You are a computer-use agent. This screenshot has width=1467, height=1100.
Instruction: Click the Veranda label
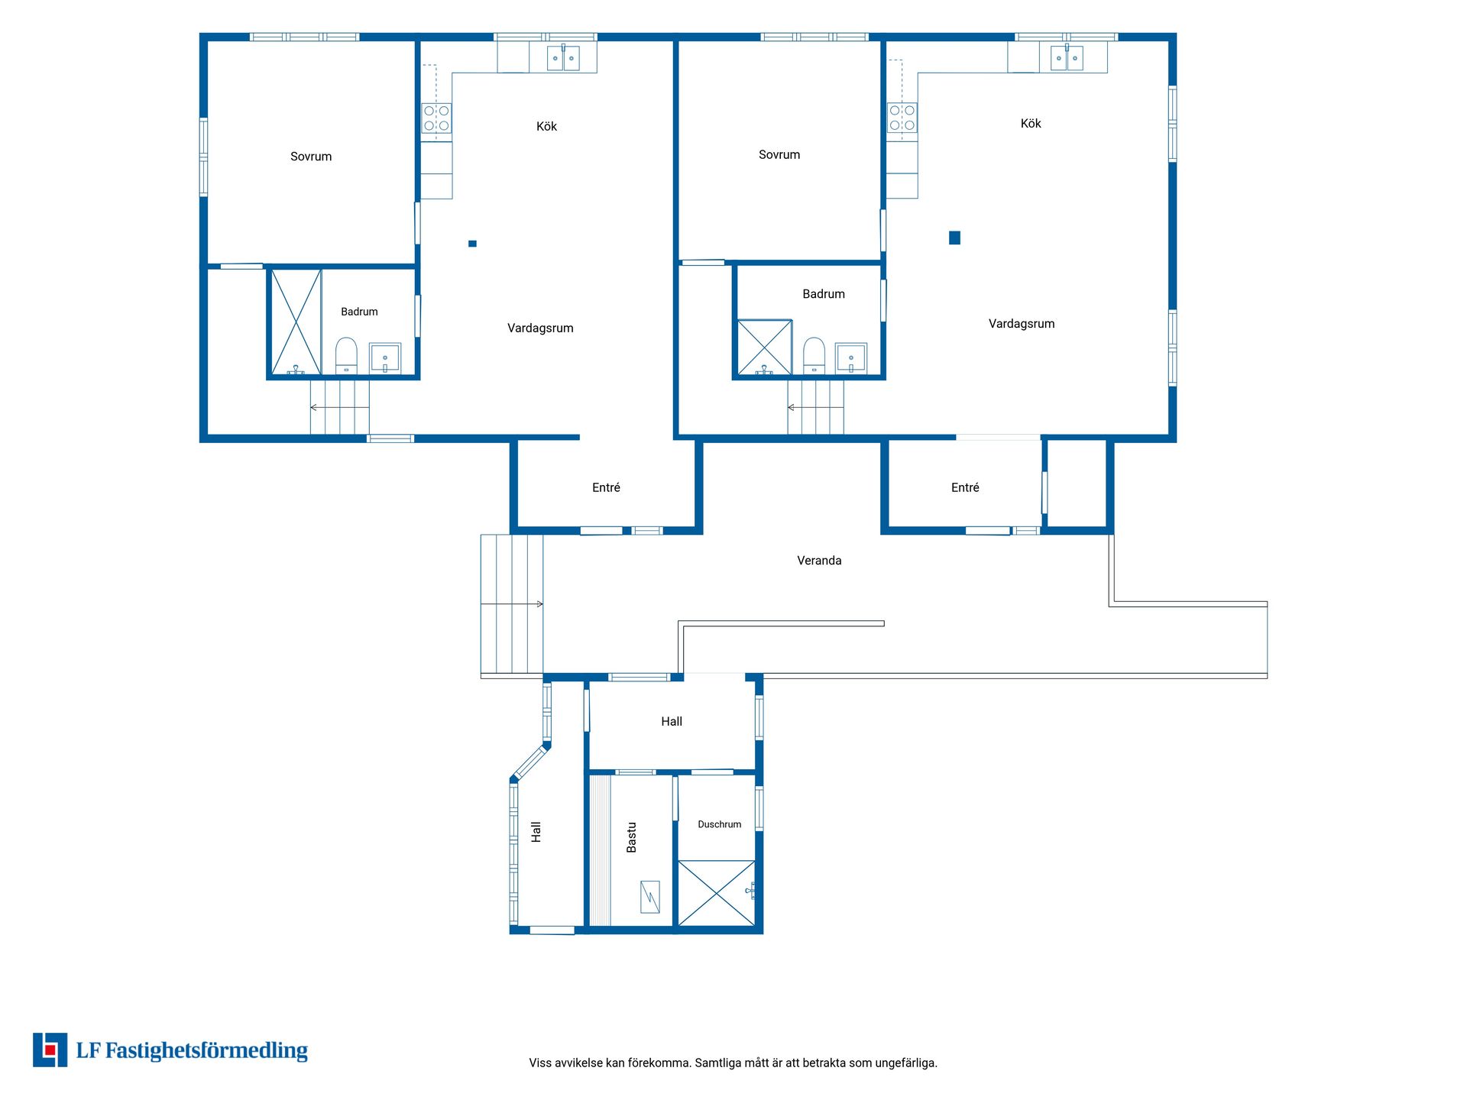(819, 561)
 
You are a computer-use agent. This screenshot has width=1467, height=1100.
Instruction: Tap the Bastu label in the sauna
(631, 837)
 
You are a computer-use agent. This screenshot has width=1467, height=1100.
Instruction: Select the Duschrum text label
(719, 824)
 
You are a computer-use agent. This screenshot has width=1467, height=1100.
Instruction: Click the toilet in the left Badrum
(346, 355)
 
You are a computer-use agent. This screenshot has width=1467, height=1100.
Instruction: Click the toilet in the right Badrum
(814, 355)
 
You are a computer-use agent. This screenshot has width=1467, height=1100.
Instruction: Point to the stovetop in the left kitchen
(436, 118)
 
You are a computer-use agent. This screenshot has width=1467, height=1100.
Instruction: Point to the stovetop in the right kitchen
(902, 118)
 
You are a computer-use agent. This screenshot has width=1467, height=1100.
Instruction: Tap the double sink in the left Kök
(563, 58)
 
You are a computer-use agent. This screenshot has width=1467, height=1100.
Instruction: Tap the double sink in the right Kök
(1067, 58)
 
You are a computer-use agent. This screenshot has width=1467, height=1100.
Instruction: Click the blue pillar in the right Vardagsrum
(954, 238)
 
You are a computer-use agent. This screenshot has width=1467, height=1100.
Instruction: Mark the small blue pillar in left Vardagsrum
(472, 244)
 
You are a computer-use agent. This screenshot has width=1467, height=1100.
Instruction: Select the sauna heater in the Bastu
(649, 897)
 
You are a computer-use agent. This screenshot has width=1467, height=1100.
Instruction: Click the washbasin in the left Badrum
(385, 357)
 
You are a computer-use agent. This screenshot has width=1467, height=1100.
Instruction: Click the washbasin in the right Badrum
(851, 357)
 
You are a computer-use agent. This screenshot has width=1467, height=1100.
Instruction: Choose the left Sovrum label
(311, 157)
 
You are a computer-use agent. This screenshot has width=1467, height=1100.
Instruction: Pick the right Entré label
(965, 487)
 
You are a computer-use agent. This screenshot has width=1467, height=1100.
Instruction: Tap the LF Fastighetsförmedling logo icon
(50, 1050)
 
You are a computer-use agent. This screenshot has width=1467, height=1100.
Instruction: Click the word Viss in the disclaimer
(540, 1063)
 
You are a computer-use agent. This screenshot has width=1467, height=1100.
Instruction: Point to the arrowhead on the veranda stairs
(539, 604)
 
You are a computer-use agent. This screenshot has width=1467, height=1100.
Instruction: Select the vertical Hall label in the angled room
(536, 832)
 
